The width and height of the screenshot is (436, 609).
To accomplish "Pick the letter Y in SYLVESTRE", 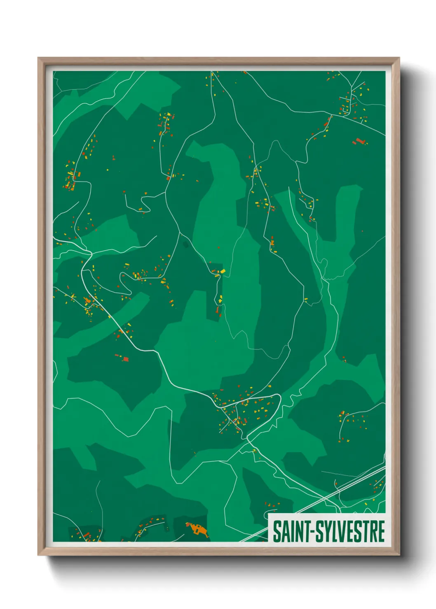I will pos(328,531).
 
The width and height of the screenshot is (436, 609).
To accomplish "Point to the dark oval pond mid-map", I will pos(185,245).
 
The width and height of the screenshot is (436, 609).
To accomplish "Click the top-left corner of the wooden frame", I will pos(38,58).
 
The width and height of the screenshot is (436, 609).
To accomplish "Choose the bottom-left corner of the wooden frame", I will pos(38,555).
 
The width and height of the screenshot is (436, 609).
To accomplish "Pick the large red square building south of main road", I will pos(125,359).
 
